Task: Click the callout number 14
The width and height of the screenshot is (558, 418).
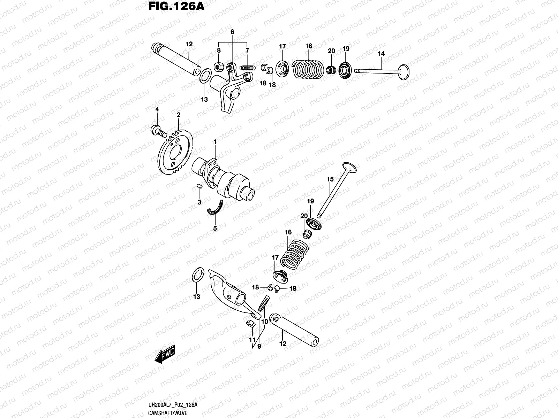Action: pos(381,54)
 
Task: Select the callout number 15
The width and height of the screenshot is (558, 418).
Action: pos(330,179)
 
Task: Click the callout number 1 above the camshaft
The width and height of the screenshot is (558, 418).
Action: pos(215,142)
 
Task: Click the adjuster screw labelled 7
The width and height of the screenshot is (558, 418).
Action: pos(246,68)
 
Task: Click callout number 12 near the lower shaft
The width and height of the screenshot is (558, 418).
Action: pos(282,343)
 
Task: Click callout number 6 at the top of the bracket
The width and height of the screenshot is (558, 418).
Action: pos(232,32)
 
